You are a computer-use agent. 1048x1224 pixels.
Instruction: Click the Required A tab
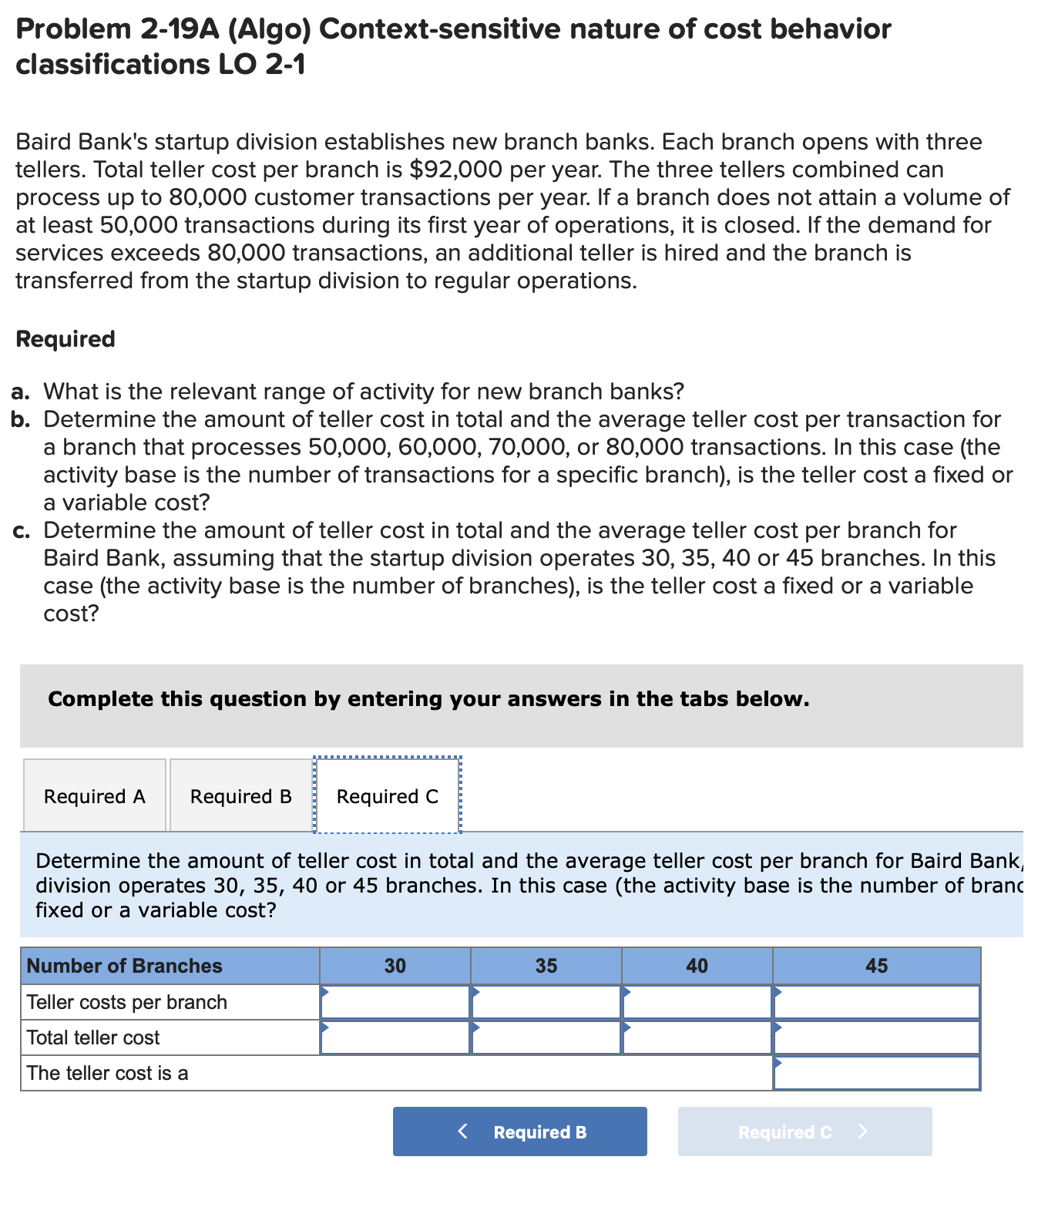click(94, 796)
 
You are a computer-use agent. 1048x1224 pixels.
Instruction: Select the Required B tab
click(240, 796)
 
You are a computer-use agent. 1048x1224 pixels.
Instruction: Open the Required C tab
click(387, 796)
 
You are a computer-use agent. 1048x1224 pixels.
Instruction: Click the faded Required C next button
click(804, 1132)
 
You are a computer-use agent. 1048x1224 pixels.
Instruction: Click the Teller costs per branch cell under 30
click(395, 1002)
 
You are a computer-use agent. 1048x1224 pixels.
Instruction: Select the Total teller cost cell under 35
click(546, 1037)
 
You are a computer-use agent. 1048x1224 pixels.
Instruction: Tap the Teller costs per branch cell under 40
click(697, 1002)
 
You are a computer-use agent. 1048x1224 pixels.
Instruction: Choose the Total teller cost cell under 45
click(876, 1037)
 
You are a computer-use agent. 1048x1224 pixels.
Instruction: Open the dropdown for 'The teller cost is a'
click(876, 1073)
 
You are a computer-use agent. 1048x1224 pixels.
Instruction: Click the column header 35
click(546, 966)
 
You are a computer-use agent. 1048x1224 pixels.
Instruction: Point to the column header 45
click(876, 966)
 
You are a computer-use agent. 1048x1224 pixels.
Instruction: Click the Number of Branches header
click(125, 966)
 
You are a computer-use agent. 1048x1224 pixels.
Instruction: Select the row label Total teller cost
click(93, 1037)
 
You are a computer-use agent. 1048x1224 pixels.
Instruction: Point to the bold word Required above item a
click(65, 339)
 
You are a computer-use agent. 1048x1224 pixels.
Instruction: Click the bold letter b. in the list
click(22, 419)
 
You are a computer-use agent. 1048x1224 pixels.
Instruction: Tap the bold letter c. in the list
click(22, 530)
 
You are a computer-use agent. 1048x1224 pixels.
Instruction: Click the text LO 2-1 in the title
click(262, 64)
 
